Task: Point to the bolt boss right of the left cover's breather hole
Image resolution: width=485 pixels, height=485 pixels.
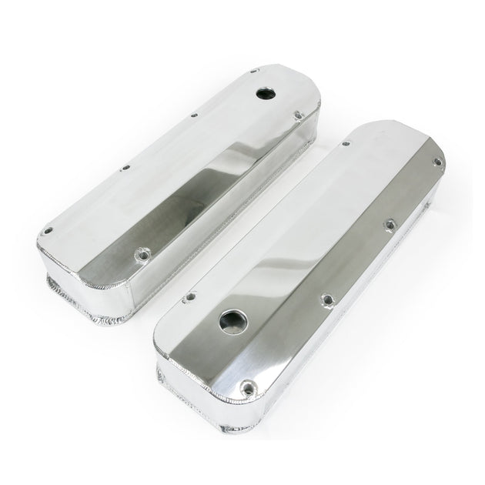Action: pyautogui.click(x=298, y=117)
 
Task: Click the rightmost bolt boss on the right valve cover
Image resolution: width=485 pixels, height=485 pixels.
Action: pyautogui.click(x=438, y=161)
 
